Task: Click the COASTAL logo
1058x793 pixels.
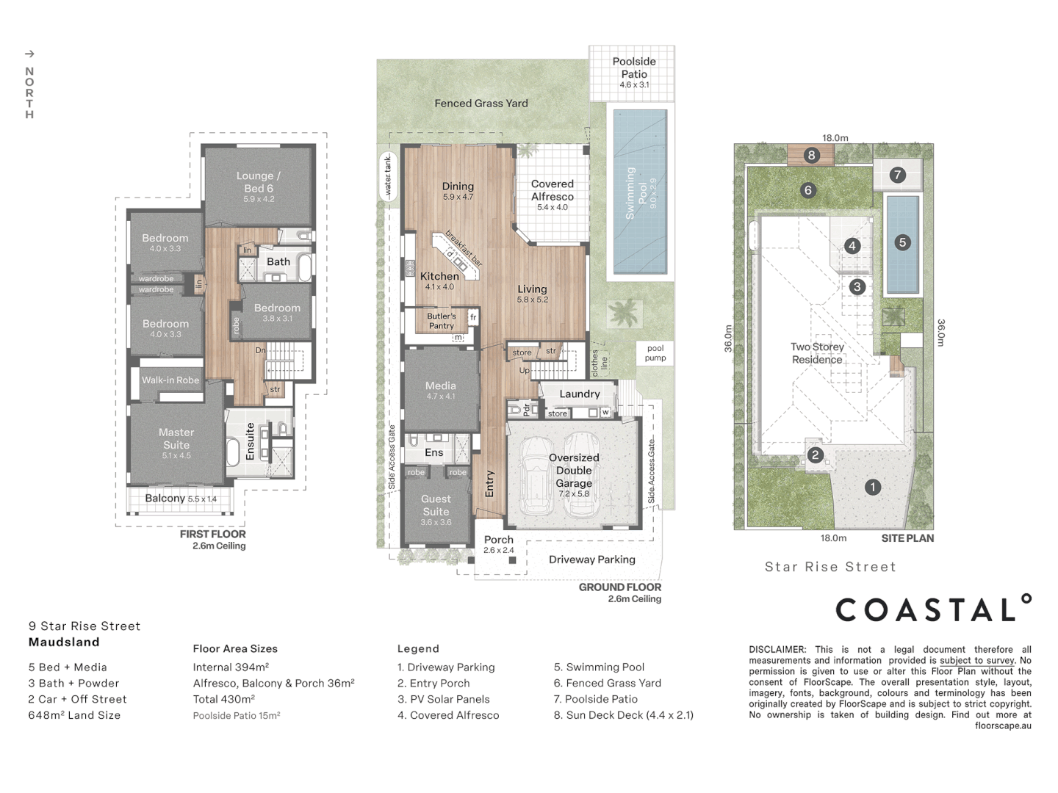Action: (x=933, y=609)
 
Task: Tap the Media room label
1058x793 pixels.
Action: (x=440, y=386)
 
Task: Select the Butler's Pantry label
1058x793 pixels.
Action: (x=442, y=321)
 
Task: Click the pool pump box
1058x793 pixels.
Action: (x=655, y=353)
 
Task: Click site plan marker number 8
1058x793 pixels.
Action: (x=811, y=155)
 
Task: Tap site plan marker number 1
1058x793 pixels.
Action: (x=872, y=487)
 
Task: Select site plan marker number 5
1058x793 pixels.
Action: (x=902, y=242)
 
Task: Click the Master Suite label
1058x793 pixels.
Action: (x=176, y=439)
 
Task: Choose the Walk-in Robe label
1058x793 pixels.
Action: (x=170, y=380)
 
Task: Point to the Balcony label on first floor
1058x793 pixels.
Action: (x=165, y=499)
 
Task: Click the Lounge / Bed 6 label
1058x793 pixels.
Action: (x=258, y=182)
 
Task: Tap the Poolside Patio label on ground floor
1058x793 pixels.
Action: (x=634, y=68)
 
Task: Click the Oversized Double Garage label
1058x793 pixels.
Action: (x=574, y=471)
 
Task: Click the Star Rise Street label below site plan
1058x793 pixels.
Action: (x=830, y=567)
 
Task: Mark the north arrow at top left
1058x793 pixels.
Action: (x=29, y=54)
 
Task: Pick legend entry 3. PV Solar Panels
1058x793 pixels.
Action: (x=443, y=700)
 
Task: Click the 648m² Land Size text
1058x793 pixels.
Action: (x=74, y=715)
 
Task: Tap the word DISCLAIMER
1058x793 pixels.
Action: (x=777, y=650)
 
